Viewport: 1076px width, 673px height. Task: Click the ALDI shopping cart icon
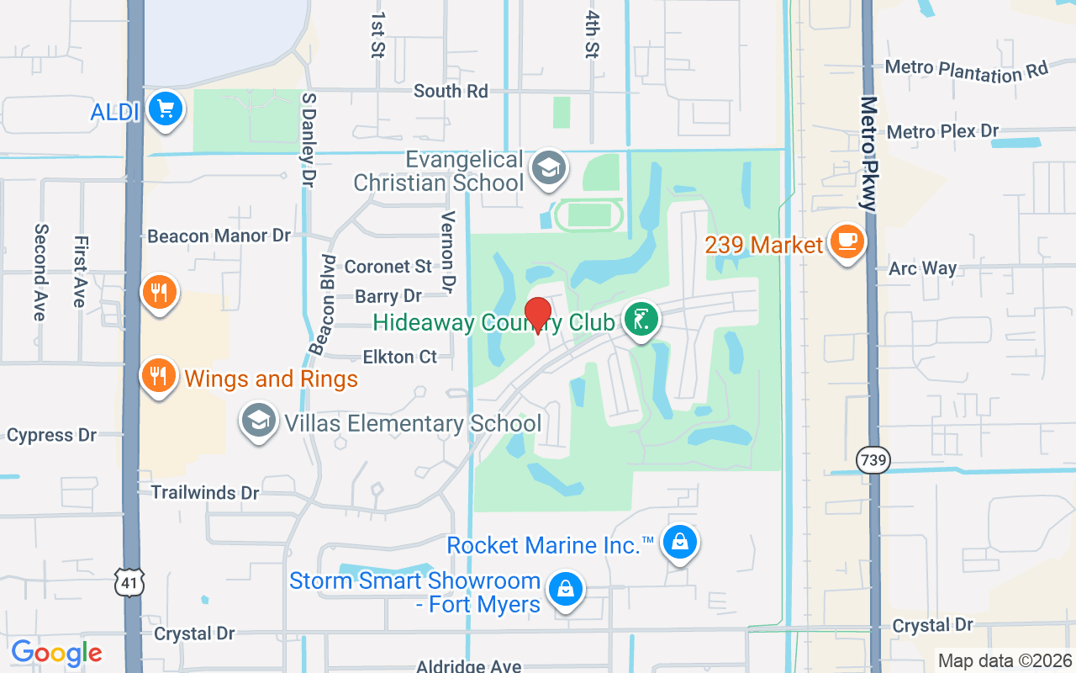tap(165, 109)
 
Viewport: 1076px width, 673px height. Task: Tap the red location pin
tap(537, 315)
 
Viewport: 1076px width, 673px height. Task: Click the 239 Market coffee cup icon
tap(847, 242)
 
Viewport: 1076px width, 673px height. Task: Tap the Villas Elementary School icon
tap(259, 421)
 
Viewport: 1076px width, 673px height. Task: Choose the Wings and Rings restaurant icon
tap(157, 374)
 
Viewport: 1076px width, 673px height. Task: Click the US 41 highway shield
tap(131, 580)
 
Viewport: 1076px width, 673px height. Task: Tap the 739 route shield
tap(873, 459)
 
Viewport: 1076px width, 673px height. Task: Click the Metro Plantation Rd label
tap(968, 71)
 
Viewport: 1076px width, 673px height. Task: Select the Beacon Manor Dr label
tap(219, 236)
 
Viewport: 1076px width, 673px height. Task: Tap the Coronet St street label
tap(388, 267)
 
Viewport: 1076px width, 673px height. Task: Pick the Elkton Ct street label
tap(400, 357)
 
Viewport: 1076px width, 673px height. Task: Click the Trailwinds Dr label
tap(205, 492)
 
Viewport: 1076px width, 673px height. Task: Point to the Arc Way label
tap(923, 268)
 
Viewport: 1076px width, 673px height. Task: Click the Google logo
tap(57, 652)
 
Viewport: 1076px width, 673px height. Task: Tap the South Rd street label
tap(451, 91)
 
